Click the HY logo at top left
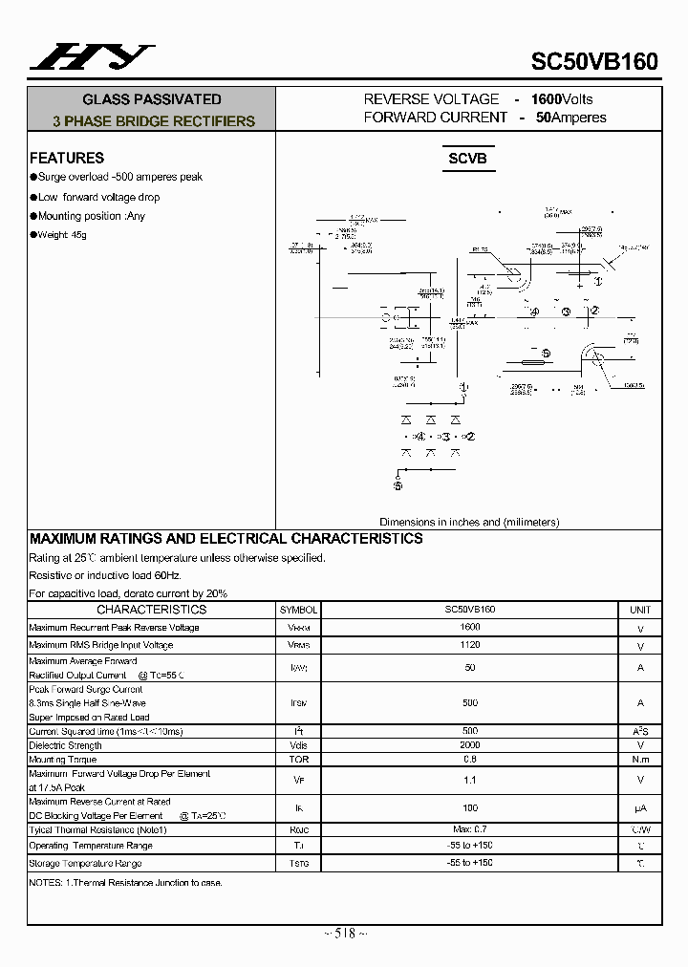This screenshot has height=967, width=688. coord(92,58)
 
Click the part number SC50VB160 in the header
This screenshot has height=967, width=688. coord(594,62)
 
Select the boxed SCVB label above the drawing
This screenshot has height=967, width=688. coord(467,158)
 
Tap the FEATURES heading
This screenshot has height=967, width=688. coord(67,158)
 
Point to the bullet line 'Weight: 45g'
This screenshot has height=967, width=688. coord(62,235)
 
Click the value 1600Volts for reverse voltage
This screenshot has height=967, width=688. coord(562,99)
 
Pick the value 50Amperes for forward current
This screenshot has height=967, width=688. coord(570,118)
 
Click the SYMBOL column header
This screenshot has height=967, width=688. coord(298,610)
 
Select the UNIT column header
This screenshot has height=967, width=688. coord(640,610)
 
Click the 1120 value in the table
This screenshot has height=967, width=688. coord(469,645)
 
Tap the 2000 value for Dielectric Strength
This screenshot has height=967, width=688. coord(469,745)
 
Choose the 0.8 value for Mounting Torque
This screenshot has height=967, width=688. coord(469,760)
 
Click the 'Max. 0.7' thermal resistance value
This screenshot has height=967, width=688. coord(469,829)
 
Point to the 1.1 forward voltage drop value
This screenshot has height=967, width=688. coord(469,780)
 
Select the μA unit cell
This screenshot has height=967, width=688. coord(640,808)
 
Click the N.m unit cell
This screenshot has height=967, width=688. coord(640,760)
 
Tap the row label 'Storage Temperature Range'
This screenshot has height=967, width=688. coord(85,864)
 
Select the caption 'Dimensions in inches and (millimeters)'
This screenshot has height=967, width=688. coord(469,522)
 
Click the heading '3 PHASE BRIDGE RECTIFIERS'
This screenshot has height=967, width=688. coord(154,121)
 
